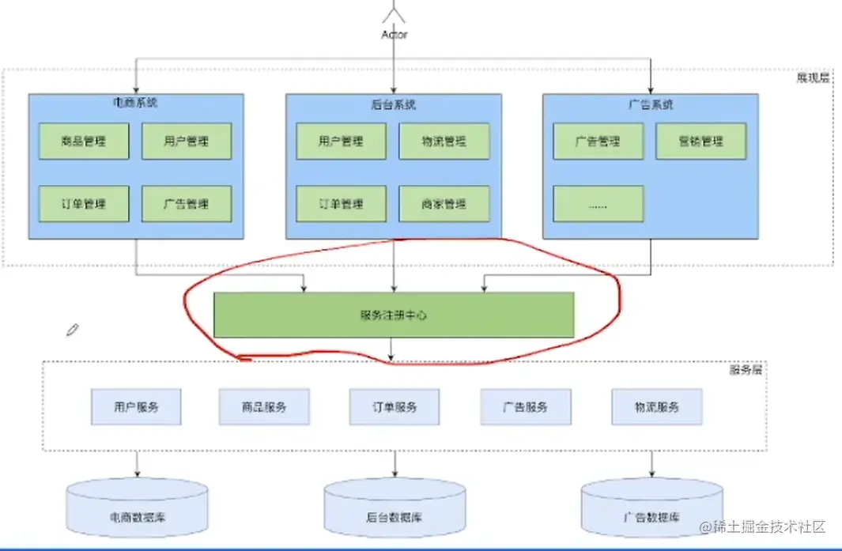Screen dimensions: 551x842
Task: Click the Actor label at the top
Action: pos(394,35)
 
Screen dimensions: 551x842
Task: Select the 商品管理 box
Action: pos(84,142)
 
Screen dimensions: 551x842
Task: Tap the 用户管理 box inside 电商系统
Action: pos(187,142)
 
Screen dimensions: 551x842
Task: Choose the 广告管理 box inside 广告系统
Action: pos(598,142)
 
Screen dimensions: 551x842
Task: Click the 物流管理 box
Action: pos(444,142)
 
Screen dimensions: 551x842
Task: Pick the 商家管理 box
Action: pos(444,204)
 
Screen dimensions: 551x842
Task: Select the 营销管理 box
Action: pos(700,142)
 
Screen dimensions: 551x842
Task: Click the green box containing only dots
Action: pos(598,204)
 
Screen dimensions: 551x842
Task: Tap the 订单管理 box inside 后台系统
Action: pos(341,204)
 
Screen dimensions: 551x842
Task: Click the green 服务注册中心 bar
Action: pos(394,315)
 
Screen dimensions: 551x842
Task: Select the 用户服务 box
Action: pos(136,407)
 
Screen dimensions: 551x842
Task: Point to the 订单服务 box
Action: pos(394,407)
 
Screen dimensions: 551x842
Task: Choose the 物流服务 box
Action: pos(656,407)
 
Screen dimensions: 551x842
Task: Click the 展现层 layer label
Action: pos(813,78)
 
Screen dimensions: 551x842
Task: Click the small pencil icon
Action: pos(73,330)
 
